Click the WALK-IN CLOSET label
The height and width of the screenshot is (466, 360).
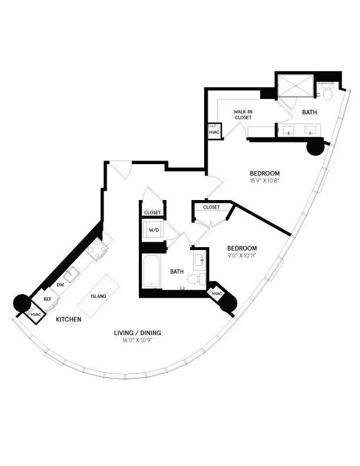pyautogui.click(x=243, y=114)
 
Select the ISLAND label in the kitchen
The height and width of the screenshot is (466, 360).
pyautogui.click(x=99, y=296)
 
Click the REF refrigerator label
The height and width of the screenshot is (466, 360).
pyautogui.click(x=48, y=299)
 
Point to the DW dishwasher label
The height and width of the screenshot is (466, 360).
pyautogui.click(x=60, y=285)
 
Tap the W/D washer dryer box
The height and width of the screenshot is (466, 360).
pyautogui.click(x=153, y=229)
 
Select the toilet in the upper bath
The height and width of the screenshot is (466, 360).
pyautogui.click(x=326, y=91)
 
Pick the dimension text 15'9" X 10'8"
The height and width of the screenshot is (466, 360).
pyautogui.click(x=264, y=181)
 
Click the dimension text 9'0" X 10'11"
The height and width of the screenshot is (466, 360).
pyautogui.click(x=241, y=255)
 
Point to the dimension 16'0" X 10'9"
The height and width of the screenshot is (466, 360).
pyautogui.click(x=138, y=341)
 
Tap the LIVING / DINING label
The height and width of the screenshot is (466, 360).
pyautogui.click(x=138, y=333)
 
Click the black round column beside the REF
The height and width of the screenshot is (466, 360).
pyautogui.click(x=22, y=302)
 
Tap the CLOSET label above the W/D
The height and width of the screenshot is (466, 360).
pyautogui.click(x=153, y=212)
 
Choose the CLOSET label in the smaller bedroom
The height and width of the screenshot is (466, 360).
pyautogui.click(x=211, y=207)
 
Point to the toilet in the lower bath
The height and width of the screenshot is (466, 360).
pyautogui.click(x=199, y=278)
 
